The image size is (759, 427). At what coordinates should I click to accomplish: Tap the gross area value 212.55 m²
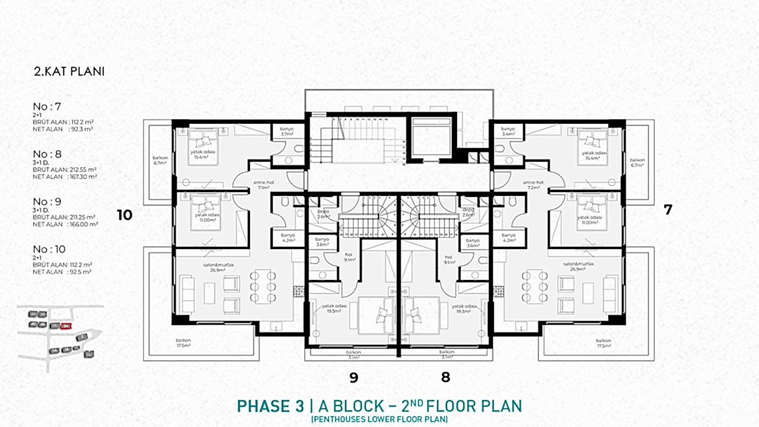pyautogui.click(x=81, y=169)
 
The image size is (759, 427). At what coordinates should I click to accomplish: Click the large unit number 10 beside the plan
pyautogui.click(x=125, y=215)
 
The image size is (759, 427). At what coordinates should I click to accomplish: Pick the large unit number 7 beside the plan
pyautogui.click(x=668, y=210)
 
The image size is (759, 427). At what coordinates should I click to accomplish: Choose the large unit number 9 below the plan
pyautogui.click(x=353, y=377)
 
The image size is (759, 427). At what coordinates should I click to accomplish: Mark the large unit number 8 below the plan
pyautogui.click(x=445, y=377)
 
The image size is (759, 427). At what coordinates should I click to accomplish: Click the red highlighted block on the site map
pyautogui.click(x=66, y=326)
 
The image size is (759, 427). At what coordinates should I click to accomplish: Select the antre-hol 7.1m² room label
pyautogui.click(x=262, y=184)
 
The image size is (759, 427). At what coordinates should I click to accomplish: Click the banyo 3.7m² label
pyautogui.click(x=286, y=132)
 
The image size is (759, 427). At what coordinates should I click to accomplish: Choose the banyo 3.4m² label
pyautogui.click(x=508, y=131)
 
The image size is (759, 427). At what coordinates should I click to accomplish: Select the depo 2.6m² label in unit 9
pyautogui.click(x=324, y=213)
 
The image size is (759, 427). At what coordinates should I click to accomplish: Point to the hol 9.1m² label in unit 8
pyautogui.click(x=448, y=259)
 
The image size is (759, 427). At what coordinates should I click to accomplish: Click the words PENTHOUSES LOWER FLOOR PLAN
pyautogui.click(x=379, y=419)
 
